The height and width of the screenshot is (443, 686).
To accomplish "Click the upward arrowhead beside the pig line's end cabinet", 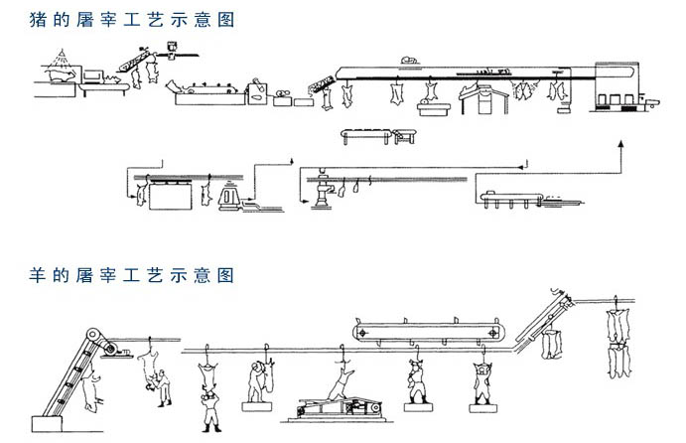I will (x=619, y=145).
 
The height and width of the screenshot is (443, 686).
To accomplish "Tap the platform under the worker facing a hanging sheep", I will (x=260, y=406).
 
